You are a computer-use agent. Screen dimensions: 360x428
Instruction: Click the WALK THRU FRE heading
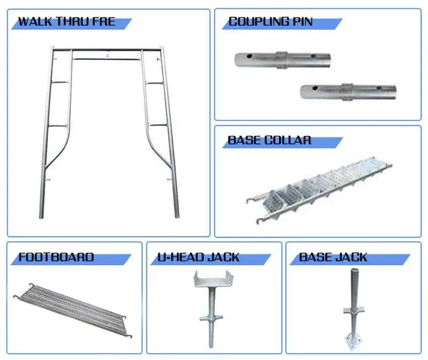point(66,22)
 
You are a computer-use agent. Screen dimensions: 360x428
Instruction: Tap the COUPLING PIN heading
point(270,22)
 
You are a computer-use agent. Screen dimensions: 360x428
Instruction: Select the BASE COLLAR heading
point(269,140)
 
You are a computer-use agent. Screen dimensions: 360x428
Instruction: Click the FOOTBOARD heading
point(56,257)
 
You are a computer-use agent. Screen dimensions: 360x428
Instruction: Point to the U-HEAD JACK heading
point(199,257)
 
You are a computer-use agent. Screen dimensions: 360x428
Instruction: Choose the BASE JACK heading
point(333,257)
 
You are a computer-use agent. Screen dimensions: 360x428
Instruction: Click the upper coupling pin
point(282,59)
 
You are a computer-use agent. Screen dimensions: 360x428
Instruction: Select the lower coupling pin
point(348,92)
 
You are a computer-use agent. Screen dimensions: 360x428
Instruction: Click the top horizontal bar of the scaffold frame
point(107,50)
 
